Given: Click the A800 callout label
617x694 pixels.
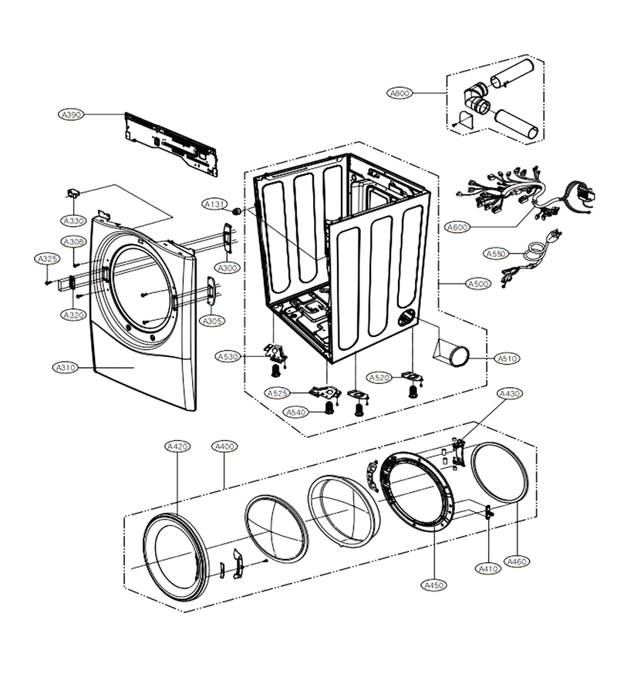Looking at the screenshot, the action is [400, 93].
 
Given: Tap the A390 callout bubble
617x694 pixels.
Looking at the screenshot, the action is [71, 115].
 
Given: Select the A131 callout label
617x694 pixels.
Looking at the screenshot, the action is [214, 204].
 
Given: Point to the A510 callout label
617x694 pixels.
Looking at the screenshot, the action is [507, 359].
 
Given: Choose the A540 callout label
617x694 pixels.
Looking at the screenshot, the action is [296, 413].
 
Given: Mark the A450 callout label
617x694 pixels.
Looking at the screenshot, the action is [433, 585].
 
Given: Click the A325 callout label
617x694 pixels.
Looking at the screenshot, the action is [47, 259].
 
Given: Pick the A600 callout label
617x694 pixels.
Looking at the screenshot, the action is [457, 227].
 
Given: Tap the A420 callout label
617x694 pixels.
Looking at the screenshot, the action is [177, 446].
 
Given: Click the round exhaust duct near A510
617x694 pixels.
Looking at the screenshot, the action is [456, 356].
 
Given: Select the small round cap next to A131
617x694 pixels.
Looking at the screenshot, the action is [238, 211].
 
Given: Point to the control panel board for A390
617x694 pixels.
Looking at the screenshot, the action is [171, 144].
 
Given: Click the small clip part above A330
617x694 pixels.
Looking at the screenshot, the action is [74, 193].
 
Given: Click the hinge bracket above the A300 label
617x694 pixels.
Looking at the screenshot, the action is [228, 240].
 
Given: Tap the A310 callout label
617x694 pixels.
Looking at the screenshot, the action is [66, 367].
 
